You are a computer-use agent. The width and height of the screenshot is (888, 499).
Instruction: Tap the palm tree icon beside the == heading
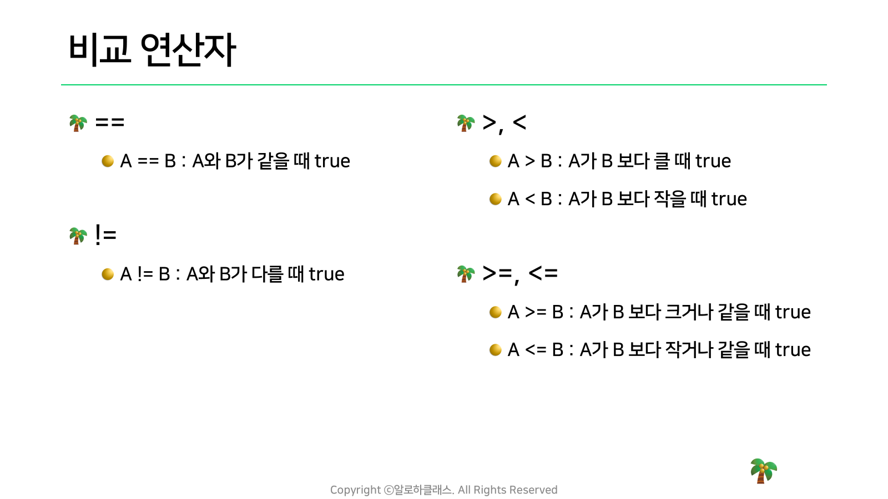(78, 123)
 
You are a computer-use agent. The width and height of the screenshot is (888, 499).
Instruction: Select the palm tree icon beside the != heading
(78, 236)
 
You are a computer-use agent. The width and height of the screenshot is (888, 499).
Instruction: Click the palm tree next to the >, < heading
(466, 123)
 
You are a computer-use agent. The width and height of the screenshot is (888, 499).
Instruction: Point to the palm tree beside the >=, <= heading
(466, 274)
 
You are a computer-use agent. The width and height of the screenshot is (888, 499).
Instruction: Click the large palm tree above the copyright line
(764, 471)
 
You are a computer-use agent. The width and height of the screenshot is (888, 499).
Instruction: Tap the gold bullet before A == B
(108, 161)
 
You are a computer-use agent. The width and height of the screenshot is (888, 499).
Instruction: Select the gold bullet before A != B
(108, 274)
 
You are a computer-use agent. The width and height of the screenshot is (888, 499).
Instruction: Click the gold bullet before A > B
(495, 161)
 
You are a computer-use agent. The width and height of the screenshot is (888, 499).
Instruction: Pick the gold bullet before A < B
(495, 199)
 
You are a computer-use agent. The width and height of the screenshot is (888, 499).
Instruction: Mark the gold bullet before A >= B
(495, 312)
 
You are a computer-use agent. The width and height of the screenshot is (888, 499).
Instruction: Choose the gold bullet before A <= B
(495, 350)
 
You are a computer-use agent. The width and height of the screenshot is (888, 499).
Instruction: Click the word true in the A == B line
(332, 161)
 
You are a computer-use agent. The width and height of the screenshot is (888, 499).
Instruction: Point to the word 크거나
(689, 312)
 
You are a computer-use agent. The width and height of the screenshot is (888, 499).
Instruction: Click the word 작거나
(689, 350)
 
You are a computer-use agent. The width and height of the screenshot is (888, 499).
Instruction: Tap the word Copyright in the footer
(356, 490)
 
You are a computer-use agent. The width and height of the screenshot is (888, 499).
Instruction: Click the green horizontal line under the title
(444, 85)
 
